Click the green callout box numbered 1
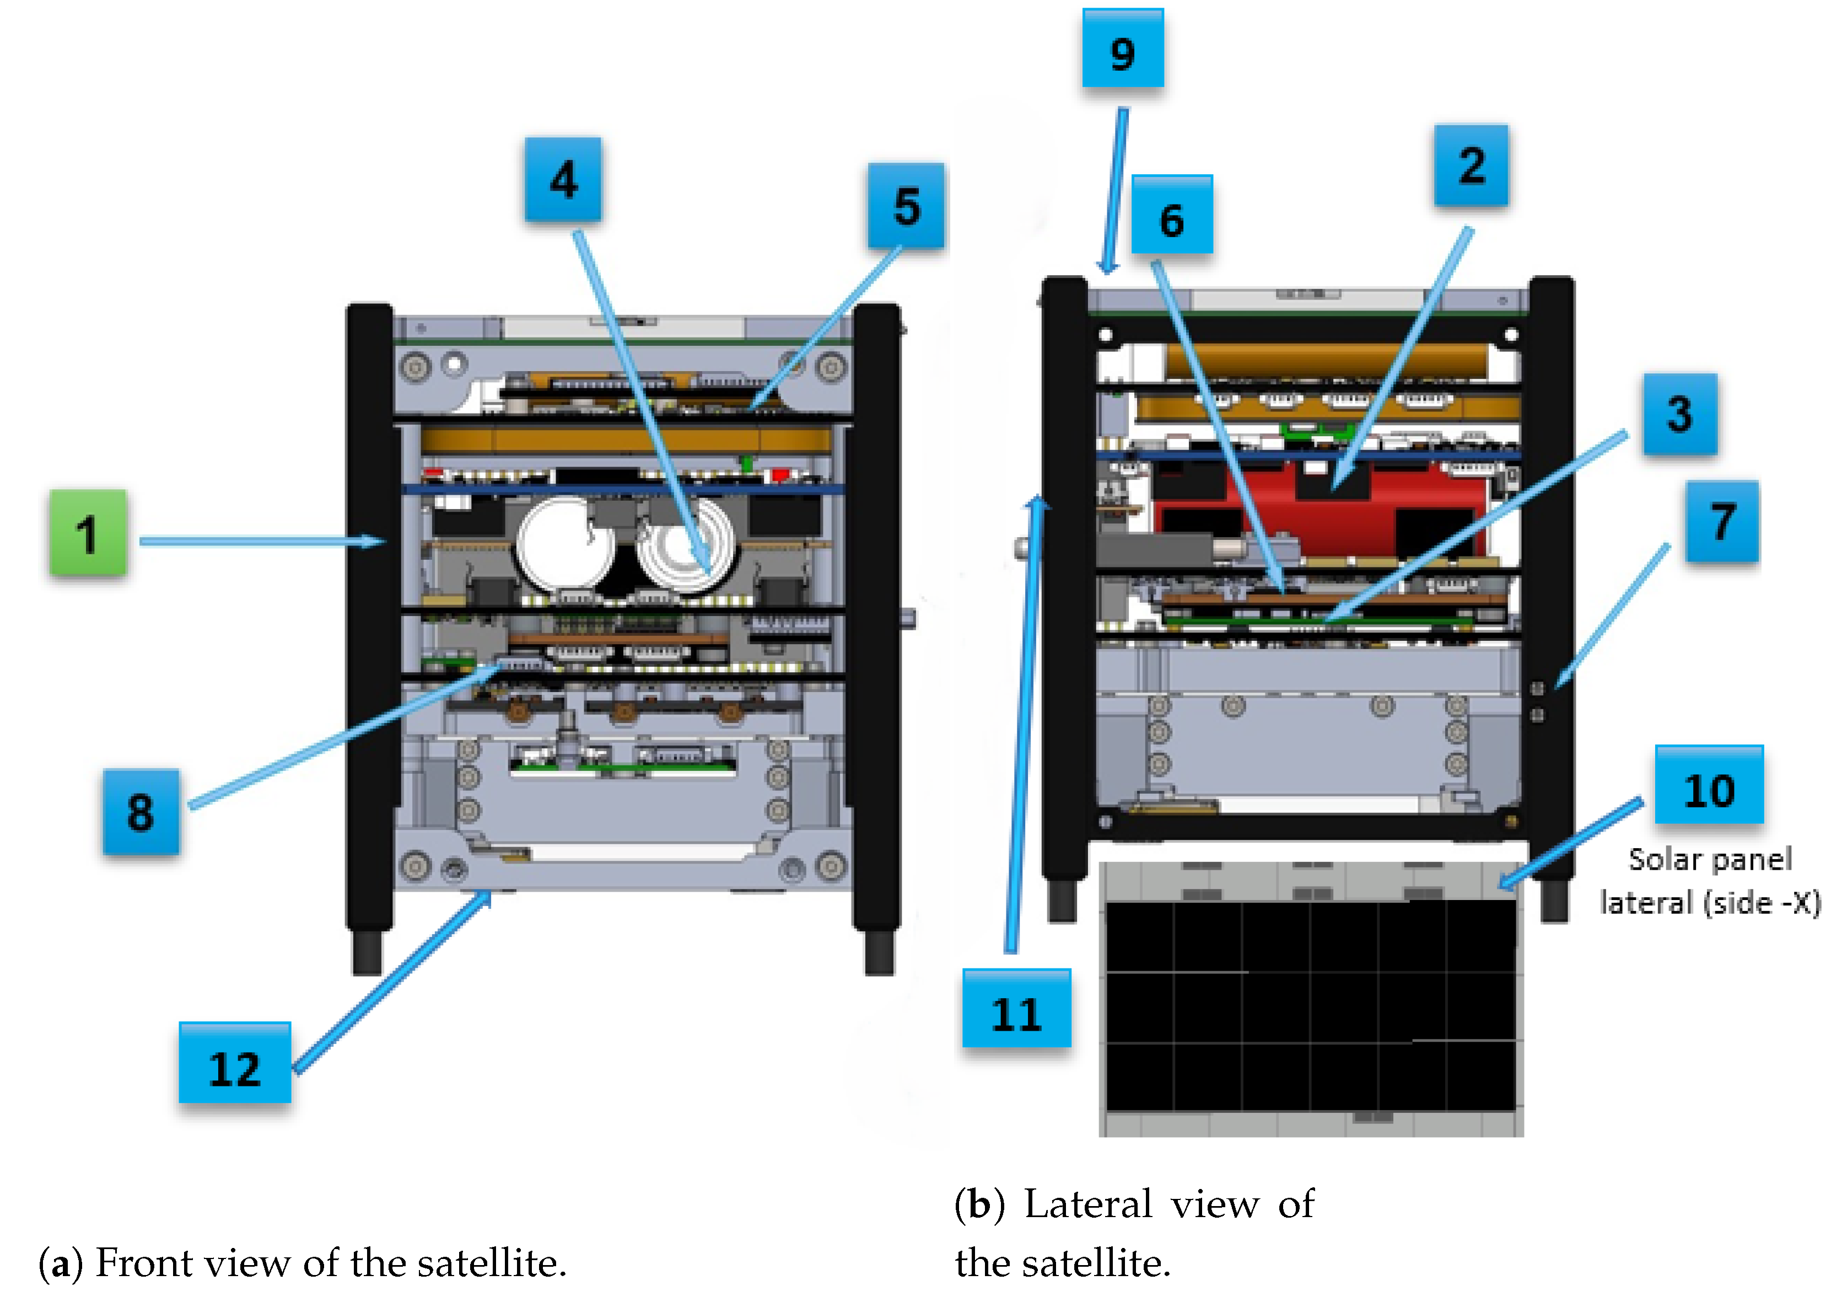click(x=88, y=532)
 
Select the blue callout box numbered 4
click(x=563, y=180)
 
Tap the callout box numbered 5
click(x=907, y=206)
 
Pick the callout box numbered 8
click(x=141, y=812)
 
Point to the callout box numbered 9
click(x=1123, y=49)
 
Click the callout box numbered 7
click(x=1722, y=522)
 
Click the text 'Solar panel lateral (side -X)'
click(x=1711, y=881)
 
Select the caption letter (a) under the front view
click(x=61, y=1263)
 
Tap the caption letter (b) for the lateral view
click(x=979, y=1204)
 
